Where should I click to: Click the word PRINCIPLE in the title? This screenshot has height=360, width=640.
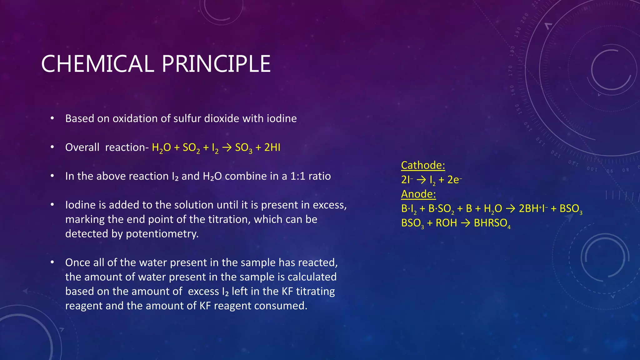click(x=216, y=64)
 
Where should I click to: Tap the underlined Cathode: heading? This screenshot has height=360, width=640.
click(x=423, y=165)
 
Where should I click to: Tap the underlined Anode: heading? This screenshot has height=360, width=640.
click(x=418, y=194)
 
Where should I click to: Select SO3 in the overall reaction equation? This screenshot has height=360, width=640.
click(x=243, y=147)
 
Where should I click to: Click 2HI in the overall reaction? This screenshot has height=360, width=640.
click(x=272, y=147)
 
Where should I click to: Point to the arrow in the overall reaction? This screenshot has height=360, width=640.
click(x=227, y=147)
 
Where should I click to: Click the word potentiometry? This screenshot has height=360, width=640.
click(x=162, y=234)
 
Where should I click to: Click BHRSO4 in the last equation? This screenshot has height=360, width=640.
click(x=492, y=223)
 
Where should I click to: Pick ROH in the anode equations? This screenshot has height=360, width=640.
click(x=446, y=223)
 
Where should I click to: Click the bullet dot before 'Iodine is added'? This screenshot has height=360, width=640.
click(x=52, y=205)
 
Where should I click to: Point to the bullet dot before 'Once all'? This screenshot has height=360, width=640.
click(x=52, y=262)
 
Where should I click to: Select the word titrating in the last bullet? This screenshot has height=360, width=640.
click(x=315, y=291)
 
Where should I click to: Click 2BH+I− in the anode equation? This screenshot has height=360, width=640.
click(x=533, y=208)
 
